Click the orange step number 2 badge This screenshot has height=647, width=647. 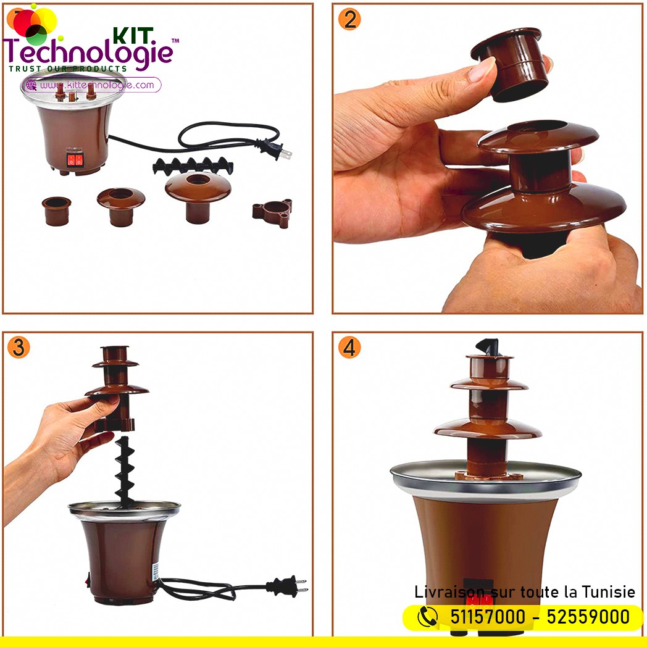(x=349, y=19)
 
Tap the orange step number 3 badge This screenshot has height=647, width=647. (x=19, y=347)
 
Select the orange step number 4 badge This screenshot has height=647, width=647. (x=349, y=347)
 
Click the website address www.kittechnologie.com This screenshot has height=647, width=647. (x=97, y=85)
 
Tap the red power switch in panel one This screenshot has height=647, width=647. (x=75, y=159)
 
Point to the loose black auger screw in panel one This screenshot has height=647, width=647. (x=193, y=166)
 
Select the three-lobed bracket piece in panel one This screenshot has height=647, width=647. (x=272, y=212)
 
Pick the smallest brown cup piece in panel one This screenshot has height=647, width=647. (x=57, y=211)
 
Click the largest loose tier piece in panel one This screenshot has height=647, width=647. (x=198, y=197)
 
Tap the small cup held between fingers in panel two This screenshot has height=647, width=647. (x=511, y=64)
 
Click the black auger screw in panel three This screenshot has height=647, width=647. (x=125, y=472)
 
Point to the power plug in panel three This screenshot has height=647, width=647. (x=287, y=586)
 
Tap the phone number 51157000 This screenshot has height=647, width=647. (x=487, y=617)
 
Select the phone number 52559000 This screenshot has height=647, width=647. (x=588, y=617)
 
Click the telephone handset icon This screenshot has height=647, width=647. (x=427, y=617)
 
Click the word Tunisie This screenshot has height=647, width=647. (x=609, y=592)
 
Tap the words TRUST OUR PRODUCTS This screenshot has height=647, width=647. (x=68, y=69)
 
